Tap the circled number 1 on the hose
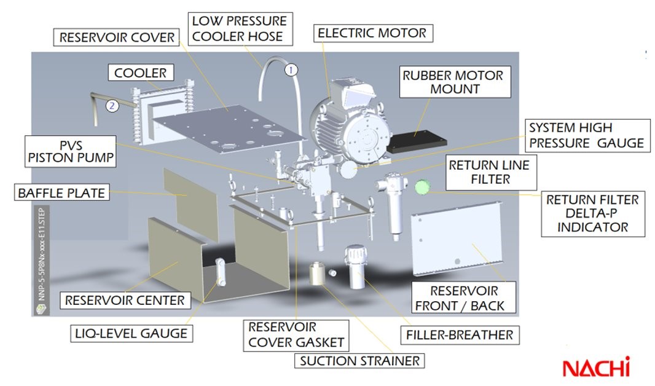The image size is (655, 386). [x=291, y=69]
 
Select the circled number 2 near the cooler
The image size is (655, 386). [x=111, y=105]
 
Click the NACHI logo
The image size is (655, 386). [x=596, y=368]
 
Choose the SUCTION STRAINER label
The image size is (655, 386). [x=359, y=360]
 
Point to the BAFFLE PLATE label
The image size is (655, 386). [x=60, y=193]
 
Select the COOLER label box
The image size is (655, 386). [x=140, y=73]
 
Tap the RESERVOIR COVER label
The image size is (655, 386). [x=117, y=37]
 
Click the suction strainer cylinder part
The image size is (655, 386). [x=318, y=272]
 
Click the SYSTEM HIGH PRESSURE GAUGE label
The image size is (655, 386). [x=586, y=135]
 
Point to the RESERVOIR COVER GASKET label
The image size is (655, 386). [x=296, y=334]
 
